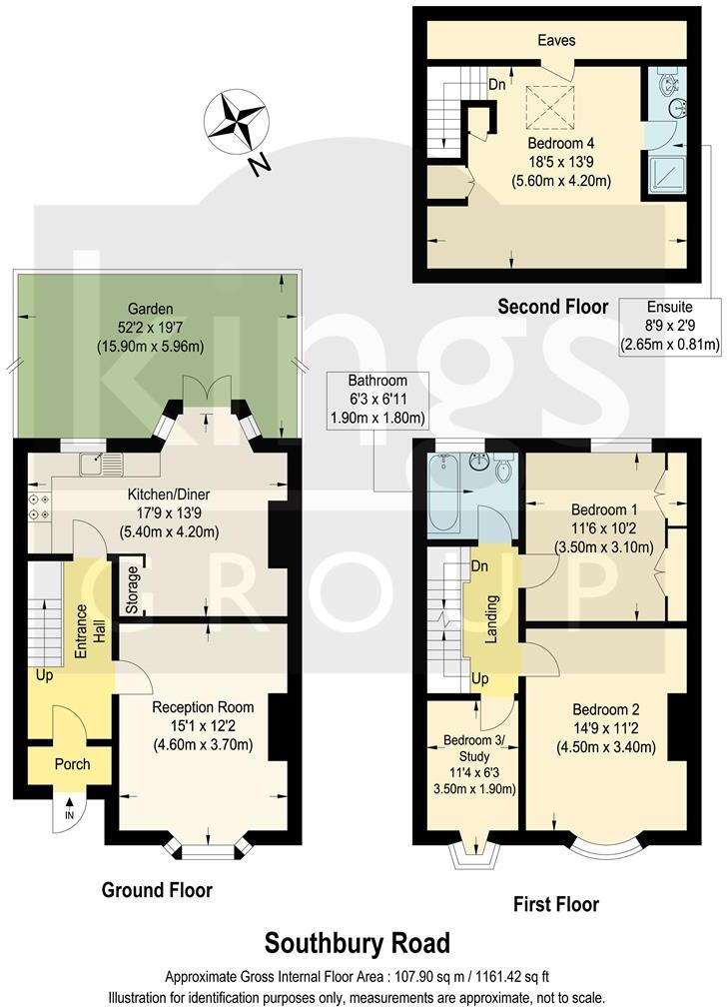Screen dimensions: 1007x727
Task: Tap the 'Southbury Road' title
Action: (357, 942)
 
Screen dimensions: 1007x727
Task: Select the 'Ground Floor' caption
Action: (157, 889)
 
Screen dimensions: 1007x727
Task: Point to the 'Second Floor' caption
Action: (552, 306)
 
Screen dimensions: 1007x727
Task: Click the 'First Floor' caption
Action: (555, 904)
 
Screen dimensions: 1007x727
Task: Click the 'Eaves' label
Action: (556, 41)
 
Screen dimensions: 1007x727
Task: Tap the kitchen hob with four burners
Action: (42, 505)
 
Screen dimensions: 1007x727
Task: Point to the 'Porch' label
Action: (71, 763)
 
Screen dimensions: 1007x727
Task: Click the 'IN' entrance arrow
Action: (69, 810)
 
